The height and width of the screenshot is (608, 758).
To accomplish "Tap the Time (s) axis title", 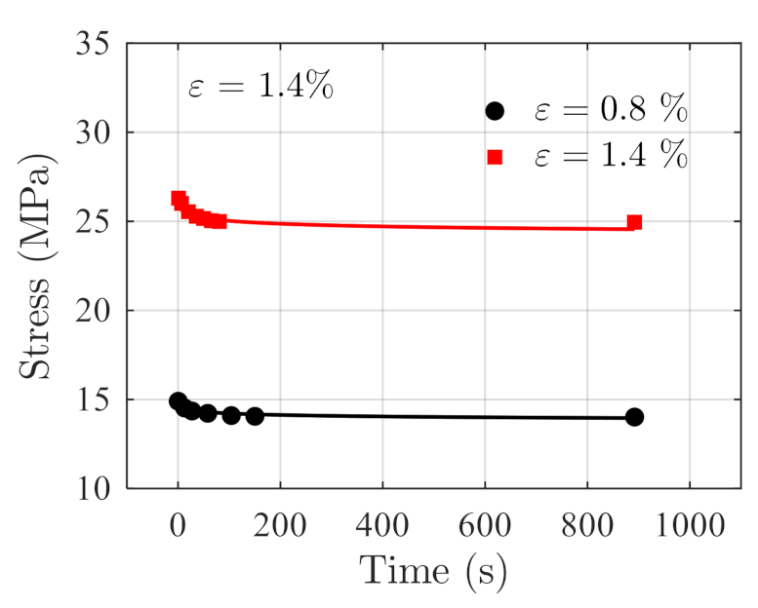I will [433, 570].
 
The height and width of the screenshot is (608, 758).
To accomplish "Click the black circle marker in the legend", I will [495, 110].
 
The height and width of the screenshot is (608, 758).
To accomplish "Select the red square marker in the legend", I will [495, 157].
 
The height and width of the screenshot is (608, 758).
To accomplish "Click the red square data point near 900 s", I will [634, 222].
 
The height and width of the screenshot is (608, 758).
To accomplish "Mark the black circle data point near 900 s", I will [634, 417].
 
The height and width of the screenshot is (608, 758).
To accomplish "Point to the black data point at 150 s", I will [255, 416].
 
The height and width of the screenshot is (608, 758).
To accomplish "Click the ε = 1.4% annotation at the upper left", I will [260, 87].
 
